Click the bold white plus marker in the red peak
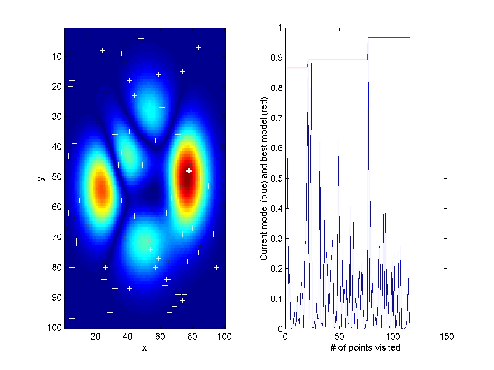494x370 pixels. pos(189,171)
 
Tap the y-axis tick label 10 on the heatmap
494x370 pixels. pos(57,56)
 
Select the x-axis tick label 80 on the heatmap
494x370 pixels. pos(192,337)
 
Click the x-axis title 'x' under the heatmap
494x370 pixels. pos(144,348)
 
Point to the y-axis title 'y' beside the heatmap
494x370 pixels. pos(41,178)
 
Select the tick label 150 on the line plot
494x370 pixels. pos(447,337)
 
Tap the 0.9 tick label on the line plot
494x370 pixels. pos(277,58)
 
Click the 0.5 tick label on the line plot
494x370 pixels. pos(277,178)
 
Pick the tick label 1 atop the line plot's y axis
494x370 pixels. pos(280,28)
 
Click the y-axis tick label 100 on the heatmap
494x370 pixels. pos(55,327)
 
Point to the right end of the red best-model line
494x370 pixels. pos(410,37)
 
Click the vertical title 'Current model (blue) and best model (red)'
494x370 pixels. pos(264,178)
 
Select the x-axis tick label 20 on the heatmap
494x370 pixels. pos(96,337)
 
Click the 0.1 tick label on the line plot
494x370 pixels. pos(277,299)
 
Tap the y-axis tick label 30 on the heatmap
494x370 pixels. pos(57,117)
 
